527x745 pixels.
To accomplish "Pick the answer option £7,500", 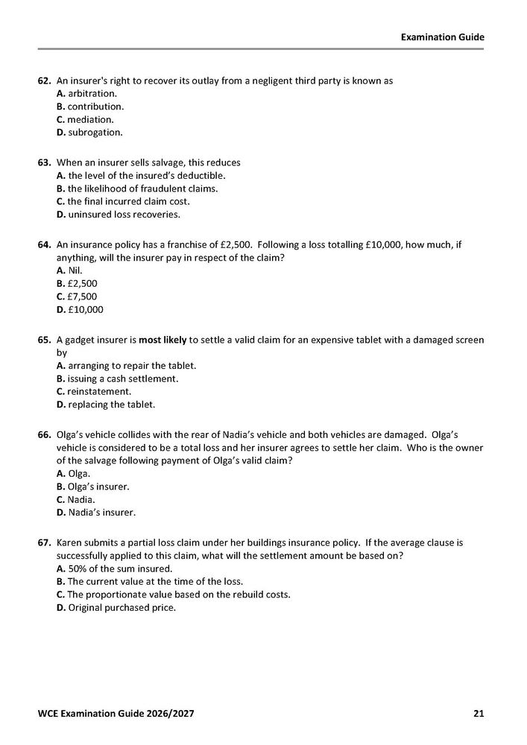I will click(77, 297).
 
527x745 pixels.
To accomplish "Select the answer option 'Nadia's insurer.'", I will click(96, 513).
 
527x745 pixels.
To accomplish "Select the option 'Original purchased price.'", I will click(116, 607).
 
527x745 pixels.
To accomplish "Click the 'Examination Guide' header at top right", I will click(442, 37).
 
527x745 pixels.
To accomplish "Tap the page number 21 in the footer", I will click(479, 714).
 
